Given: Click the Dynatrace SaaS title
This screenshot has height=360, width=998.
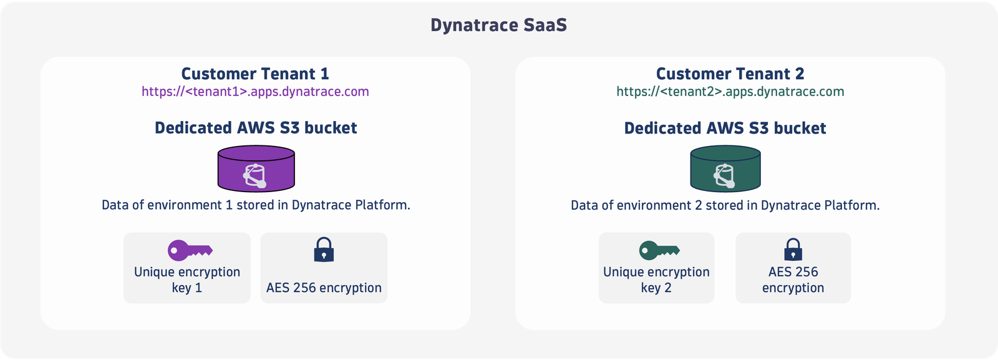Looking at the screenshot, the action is [x=498, y=25].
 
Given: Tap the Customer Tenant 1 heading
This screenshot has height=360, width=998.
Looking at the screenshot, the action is [x=255, y=74].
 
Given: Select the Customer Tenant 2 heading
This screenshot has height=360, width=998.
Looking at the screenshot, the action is [x=730, y=74].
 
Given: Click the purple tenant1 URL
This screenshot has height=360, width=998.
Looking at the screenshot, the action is [x=255, y=92].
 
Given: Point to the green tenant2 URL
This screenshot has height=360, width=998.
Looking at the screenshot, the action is [x=730, y=92].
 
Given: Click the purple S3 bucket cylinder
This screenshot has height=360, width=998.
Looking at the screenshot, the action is [x=256, y=168].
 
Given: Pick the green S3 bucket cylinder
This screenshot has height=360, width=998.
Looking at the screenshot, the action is [x=725, y=168].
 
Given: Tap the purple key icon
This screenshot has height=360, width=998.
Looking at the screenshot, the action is [x=190, y=250].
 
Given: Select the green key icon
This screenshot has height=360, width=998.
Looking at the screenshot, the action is [x=659, y=250].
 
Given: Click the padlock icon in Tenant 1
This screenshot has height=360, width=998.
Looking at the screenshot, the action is [x=324, y=250].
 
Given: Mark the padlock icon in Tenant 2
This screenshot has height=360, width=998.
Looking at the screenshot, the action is [x=793, y=250].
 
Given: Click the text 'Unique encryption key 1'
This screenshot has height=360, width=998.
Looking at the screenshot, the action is [x=187, y=280].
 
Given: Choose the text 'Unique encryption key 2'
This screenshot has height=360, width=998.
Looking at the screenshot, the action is [x=656, y=280].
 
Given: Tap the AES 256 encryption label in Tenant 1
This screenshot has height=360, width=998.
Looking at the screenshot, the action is [x=324, y=288].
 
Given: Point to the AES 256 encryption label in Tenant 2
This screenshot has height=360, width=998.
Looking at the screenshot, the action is [x=793, y=280].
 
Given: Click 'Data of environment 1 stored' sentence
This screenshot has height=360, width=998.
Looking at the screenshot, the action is [x=256, y=205].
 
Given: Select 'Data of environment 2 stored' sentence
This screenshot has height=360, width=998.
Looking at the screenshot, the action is [x=725, y=205].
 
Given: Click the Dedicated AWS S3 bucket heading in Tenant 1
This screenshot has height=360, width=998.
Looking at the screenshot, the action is [x=256, y=128].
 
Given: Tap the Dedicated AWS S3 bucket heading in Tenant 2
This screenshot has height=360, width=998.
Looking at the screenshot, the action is [x=725, y=129].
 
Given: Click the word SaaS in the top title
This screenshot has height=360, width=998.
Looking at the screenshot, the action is [x=545, y=25].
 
